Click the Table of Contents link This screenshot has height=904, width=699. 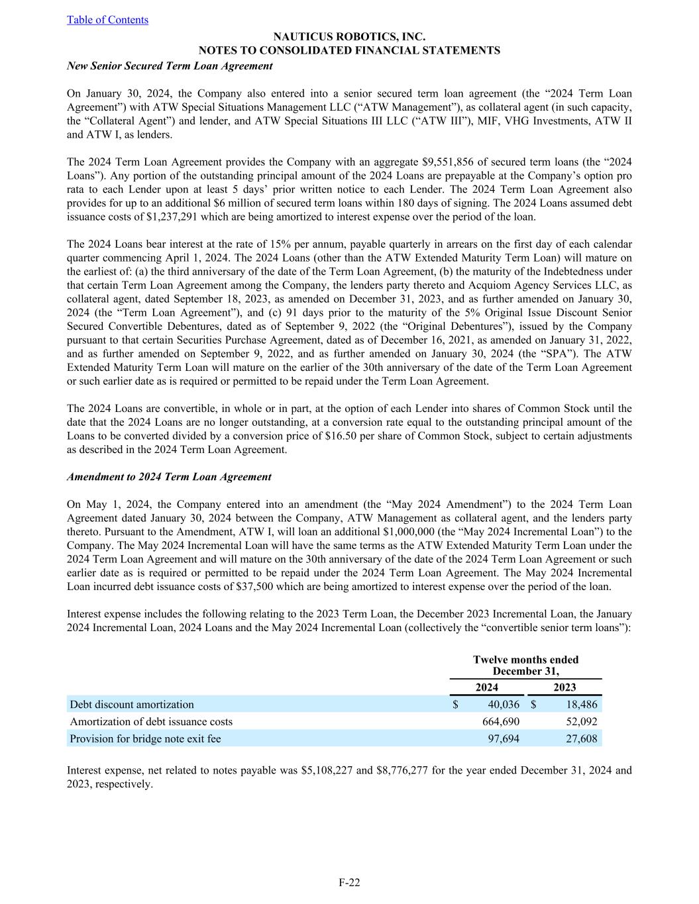click(x=107, y=20)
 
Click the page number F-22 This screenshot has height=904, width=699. click(x=349, y=882)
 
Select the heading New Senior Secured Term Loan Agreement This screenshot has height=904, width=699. click(x=170, y=66)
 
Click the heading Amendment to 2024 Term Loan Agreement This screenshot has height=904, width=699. click(x=169, y=477)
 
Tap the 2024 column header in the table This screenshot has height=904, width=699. click(x=487, y=687)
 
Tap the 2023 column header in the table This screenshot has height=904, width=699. click(x=565, y=687)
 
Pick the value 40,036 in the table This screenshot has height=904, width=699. click(x=501, y=705)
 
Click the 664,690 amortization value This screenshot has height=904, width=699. click(x=501, y=722)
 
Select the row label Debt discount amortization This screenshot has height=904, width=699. click(x=132, y=705)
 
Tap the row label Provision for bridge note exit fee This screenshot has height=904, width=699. click(x=145, y=738)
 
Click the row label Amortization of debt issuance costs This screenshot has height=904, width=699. click(x=151, y=722)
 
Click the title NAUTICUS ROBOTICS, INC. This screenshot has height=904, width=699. click(x=349, y=37)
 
